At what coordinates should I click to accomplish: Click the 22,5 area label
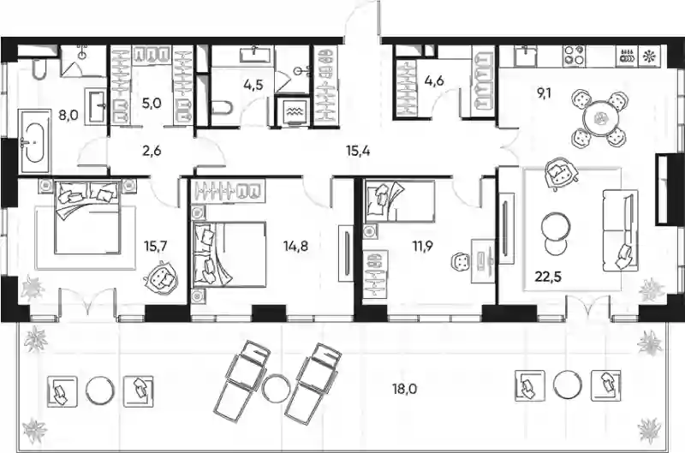tap(549, 277)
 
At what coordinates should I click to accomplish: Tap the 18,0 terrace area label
tap(404, 389)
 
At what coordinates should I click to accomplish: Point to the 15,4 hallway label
tap(358, 152)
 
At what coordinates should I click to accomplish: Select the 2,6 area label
tap(152, 151)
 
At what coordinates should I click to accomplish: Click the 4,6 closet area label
tap(434, 80)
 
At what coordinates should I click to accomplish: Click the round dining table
tap(600, 118)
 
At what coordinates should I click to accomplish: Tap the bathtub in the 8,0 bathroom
tap(33, 140)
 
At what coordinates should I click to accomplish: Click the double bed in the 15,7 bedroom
tap(87, 218)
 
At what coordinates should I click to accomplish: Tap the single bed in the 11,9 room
tap(399, 201)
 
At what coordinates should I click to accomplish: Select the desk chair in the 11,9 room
tap(461, 263)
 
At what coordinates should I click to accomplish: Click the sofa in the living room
tap(620, 229)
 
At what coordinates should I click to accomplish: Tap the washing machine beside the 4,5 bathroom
tap(291, 110)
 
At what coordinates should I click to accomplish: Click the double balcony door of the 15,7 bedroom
tap(89, 301)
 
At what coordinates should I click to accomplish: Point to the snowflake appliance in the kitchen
tap(650, 56)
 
